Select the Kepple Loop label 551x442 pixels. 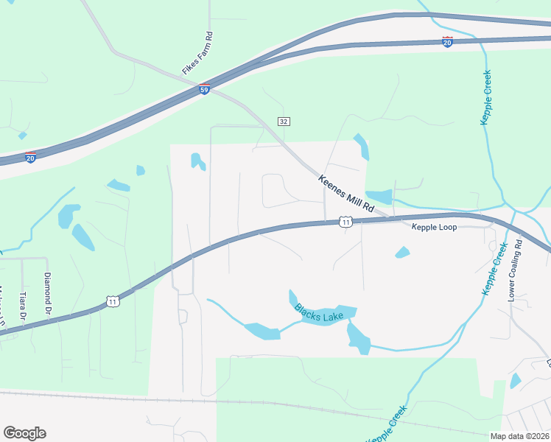(434, 227)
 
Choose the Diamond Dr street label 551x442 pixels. (47, 290)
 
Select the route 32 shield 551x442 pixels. (284, 121)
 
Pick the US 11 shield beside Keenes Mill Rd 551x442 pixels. (345, 222)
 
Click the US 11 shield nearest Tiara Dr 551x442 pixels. (112, 301)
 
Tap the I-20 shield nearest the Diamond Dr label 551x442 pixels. (30, 158)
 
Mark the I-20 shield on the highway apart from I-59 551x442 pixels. (447, 42)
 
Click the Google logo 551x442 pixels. (24, 433)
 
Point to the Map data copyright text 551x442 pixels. (519, 435)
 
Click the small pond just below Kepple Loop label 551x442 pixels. (402, 253)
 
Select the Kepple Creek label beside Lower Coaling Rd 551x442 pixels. (495, 268)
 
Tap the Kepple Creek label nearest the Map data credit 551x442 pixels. (388, 427)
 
